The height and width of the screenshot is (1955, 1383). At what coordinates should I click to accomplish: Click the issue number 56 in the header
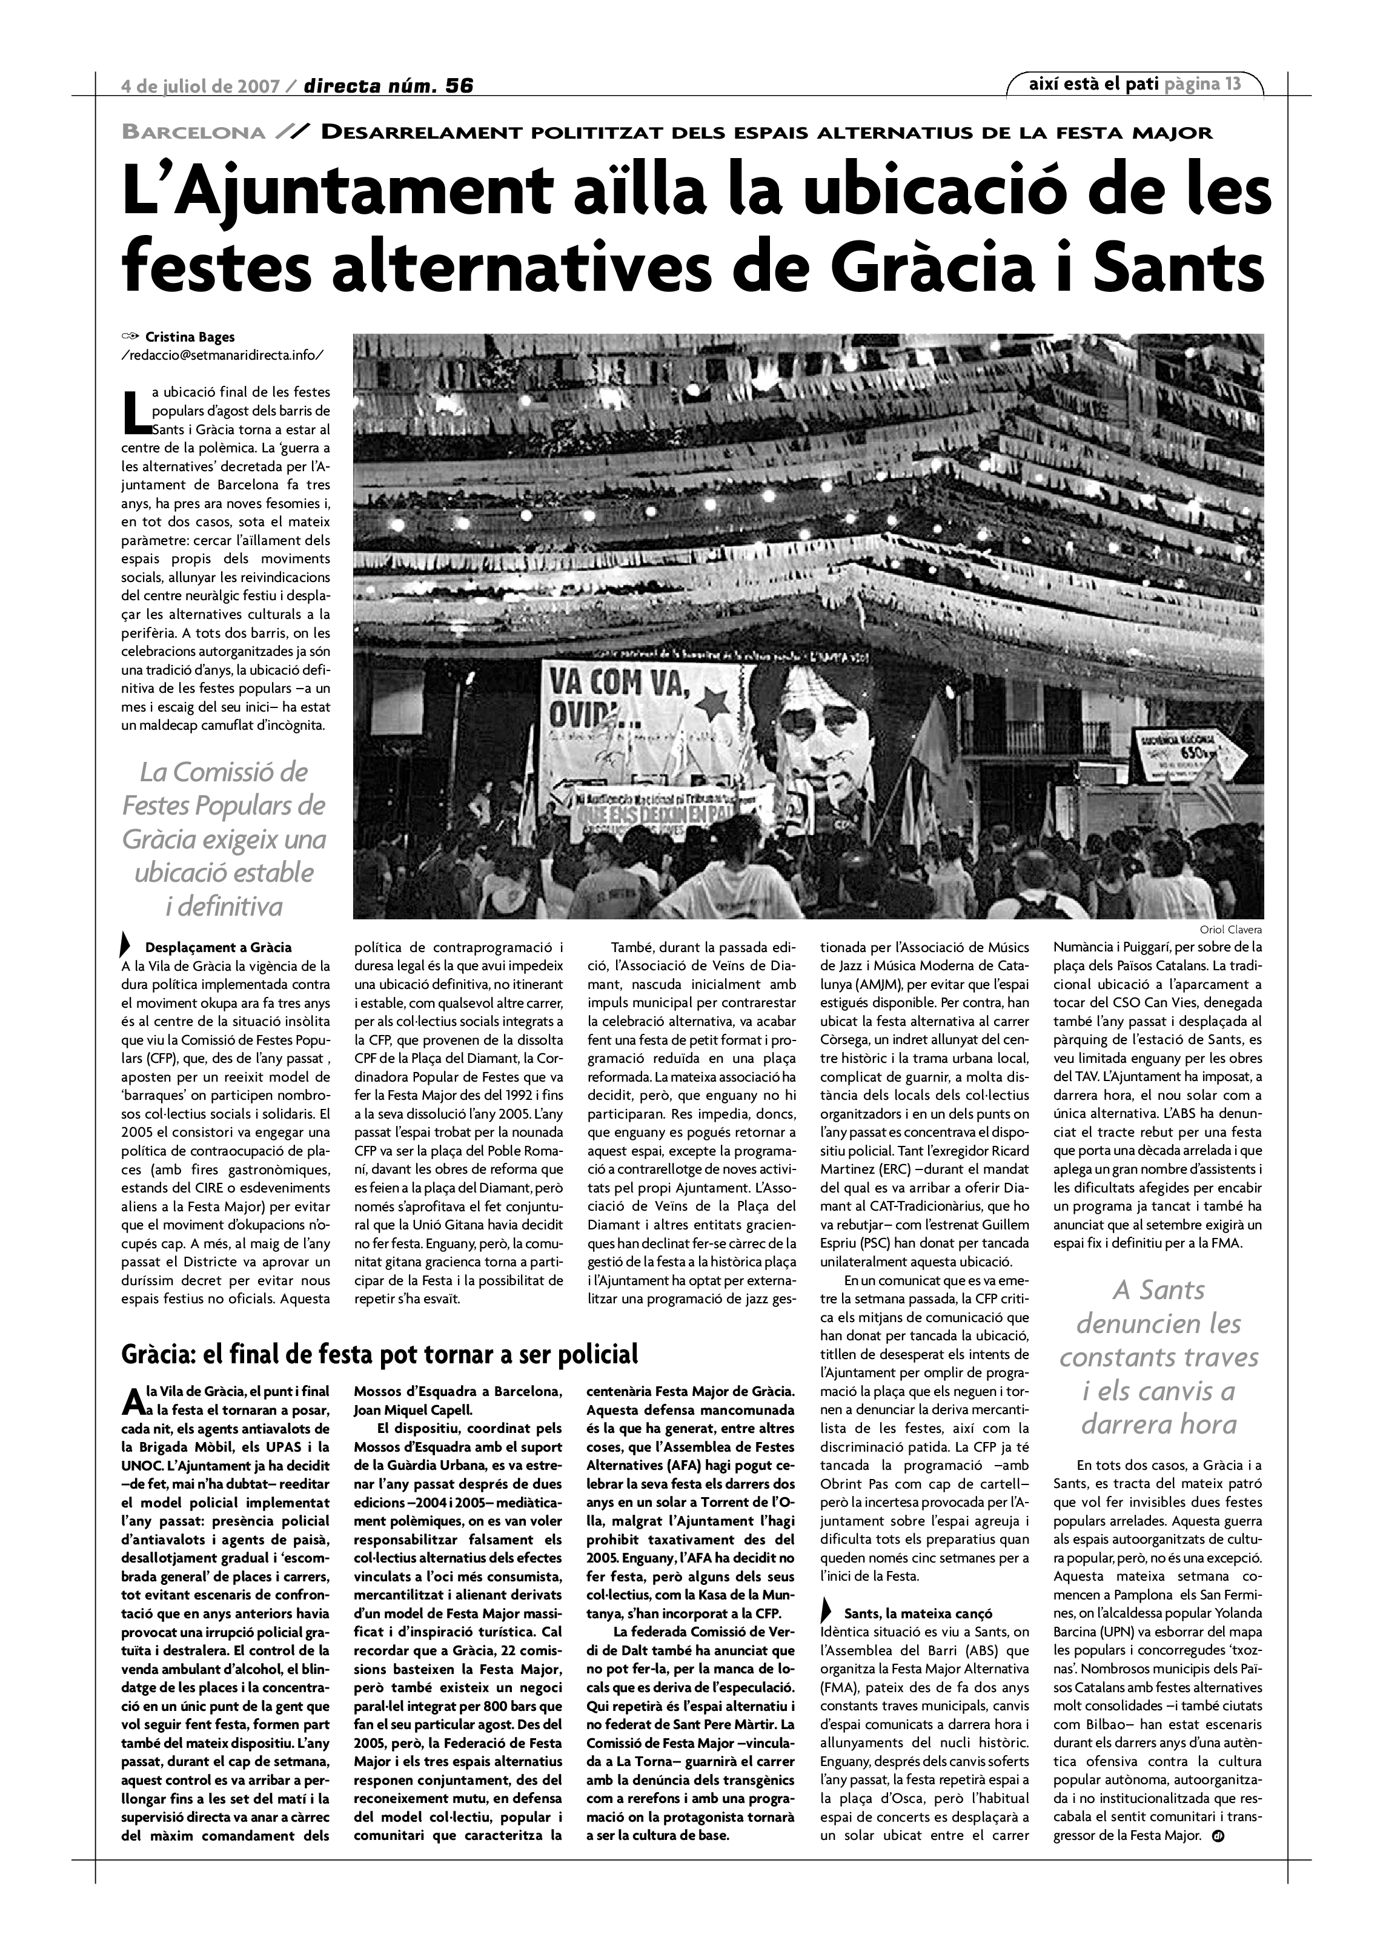pos(458,85)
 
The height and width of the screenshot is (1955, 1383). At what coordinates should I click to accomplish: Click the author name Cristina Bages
pos(190,337)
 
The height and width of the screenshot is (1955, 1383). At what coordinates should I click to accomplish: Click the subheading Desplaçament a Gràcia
pos(218,947)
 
